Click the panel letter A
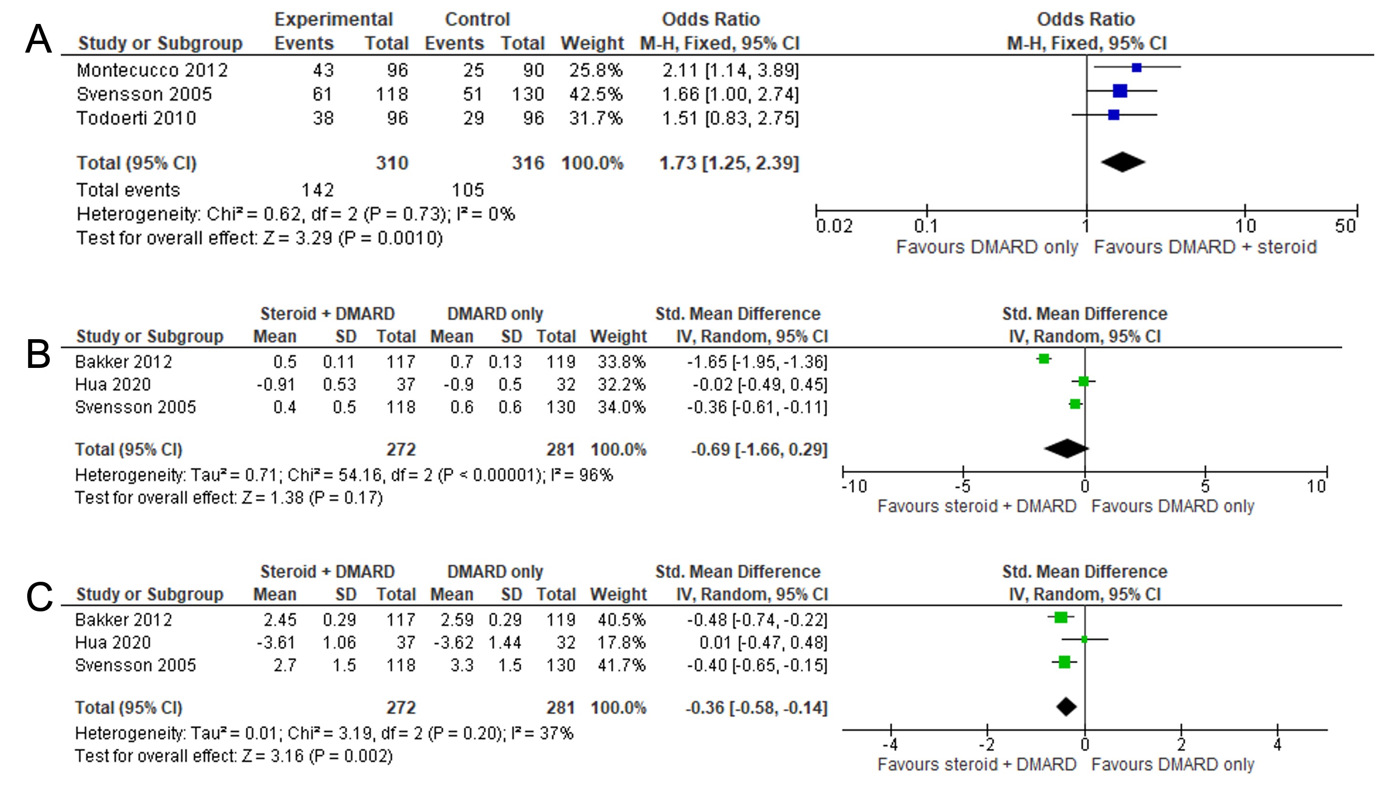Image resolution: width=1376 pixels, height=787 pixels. click(x=38, y=39)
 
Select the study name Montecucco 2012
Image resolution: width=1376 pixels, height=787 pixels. click(x=153, y=70)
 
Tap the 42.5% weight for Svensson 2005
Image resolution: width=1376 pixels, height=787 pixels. click(x=596, y=94)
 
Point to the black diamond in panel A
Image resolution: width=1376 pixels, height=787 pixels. click(x=1123, y=162)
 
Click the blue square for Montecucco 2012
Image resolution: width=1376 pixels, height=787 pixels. click(x=1136, y=67)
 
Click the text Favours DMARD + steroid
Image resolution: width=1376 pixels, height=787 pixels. click(x=1205, y=247)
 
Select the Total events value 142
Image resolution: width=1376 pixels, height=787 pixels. click(x=317, y=190)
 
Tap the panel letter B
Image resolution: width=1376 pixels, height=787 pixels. click(x=38, y=355)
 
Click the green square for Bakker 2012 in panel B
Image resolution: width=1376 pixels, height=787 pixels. click(x=1044, y=359)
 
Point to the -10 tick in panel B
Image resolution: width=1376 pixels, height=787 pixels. click(x=843, y=472)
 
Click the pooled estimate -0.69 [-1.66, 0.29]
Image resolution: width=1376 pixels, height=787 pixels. click(x=759, y=450)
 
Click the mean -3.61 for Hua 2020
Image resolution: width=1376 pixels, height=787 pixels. click(x=275, y=642)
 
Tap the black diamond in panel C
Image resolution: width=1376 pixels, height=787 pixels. click(x=1066, y=707)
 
